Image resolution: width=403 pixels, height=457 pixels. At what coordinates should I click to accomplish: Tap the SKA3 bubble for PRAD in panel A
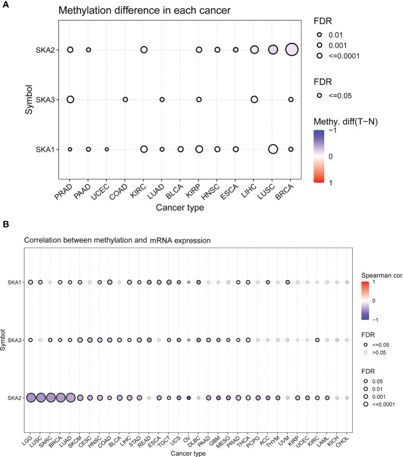tap(70, 99)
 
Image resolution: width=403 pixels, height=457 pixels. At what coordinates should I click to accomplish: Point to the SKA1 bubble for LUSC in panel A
tap(272, 149)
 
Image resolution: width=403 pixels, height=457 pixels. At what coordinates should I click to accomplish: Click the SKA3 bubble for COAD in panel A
tap(125, 99)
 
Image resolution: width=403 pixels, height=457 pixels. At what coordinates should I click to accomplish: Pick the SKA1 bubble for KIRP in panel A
tap(199, 149)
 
